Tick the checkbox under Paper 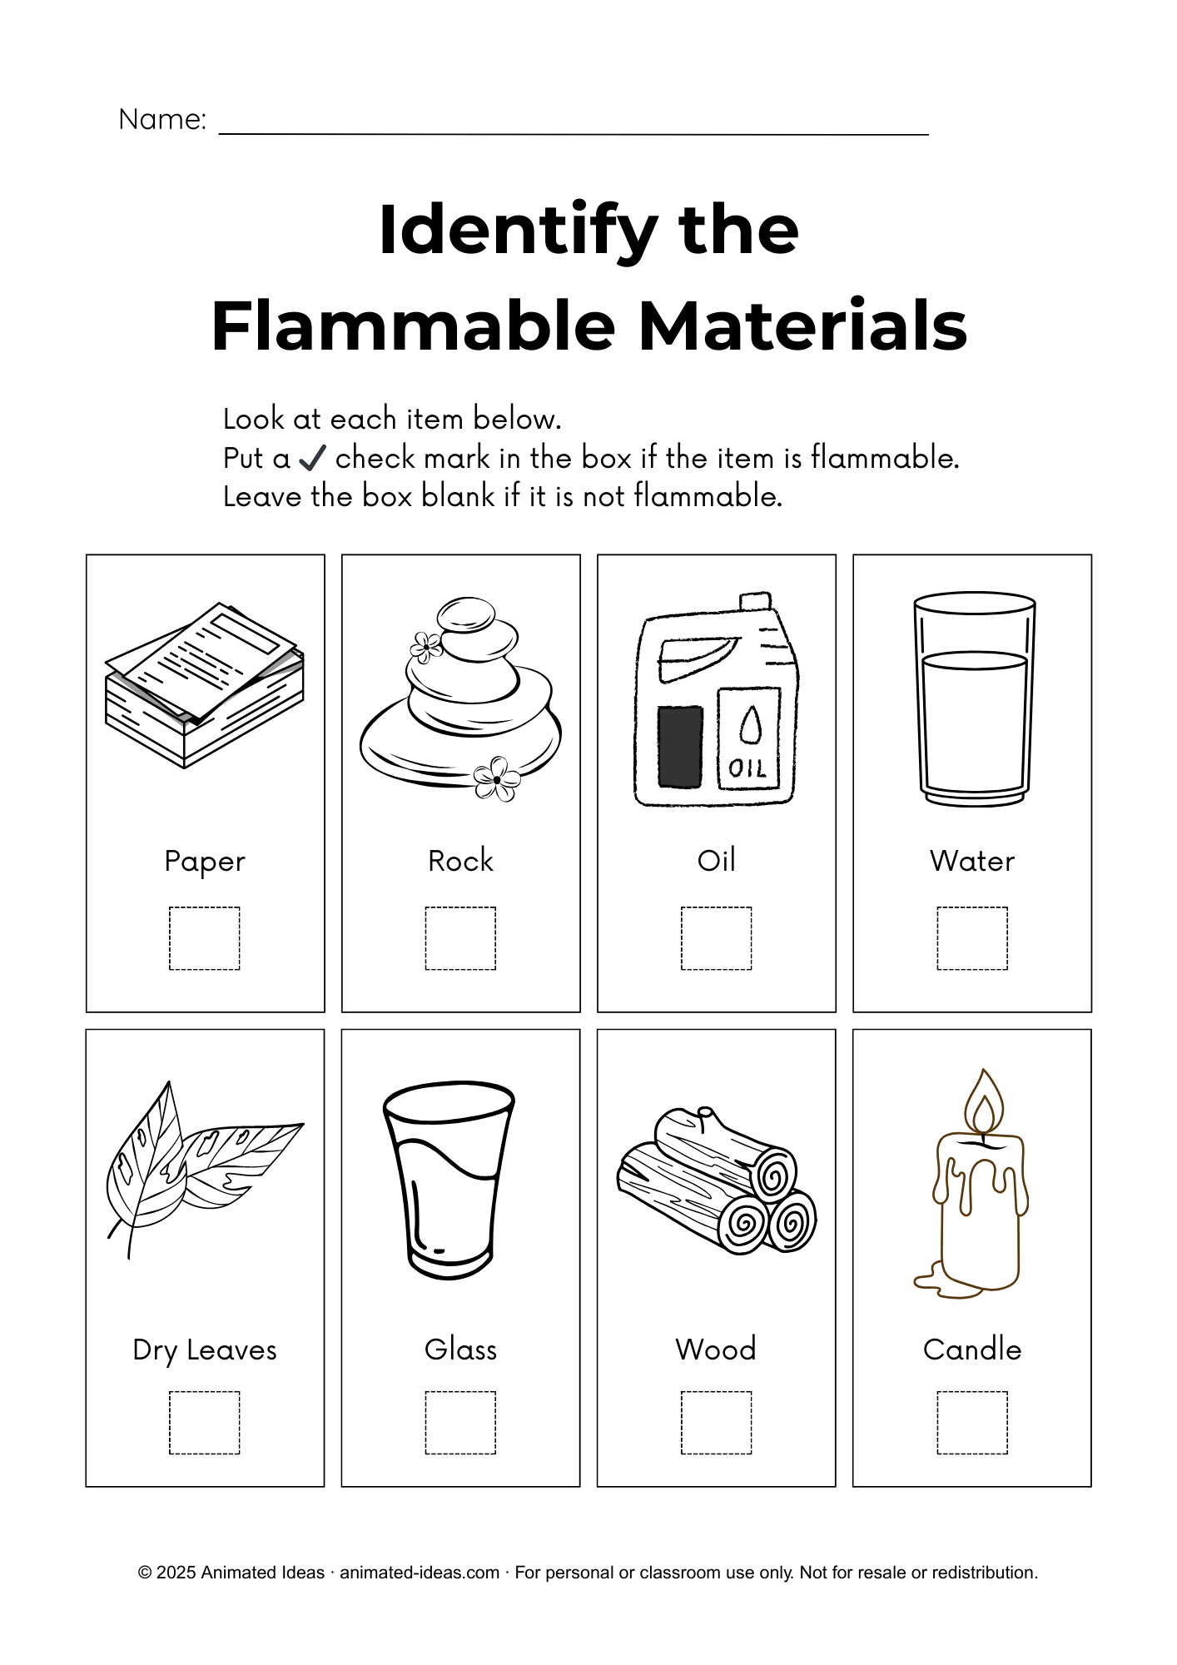205,938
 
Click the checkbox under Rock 460,938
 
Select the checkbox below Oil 717,938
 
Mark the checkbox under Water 972,938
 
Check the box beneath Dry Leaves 205,1423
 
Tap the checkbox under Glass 460,1423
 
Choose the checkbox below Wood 717,1423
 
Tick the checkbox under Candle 972,1423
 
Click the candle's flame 984,1101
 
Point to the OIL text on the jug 747,768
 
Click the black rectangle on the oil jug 680,747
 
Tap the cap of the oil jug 756,601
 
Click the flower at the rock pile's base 497,779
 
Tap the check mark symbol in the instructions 312,457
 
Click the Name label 162,119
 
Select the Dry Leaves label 205,1350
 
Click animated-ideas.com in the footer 420,1573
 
